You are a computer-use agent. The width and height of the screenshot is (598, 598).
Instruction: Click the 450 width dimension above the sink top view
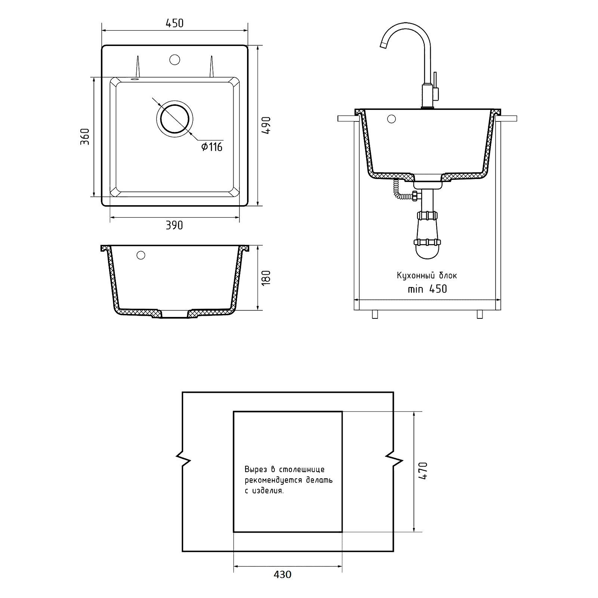175,23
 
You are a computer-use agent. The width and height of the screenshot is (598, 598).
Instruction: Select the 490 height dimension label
266,126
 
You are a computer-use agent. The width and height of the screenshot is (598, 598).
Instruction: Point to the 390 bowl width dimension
175,225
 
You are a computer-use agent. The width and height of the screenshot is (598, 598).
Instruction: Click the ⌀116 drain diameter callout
212,147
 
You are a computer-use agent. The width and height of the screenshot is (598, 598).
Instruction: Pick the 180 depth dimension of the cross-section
266,278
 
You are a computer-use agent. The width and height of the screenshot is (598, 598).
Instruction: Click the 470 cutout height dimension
423,471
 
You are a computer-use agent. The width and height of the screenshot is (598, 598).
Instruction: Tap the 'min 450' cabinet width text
427,289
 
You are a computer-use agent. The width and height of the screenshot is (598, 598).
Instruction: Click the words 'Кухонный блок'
427,276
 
